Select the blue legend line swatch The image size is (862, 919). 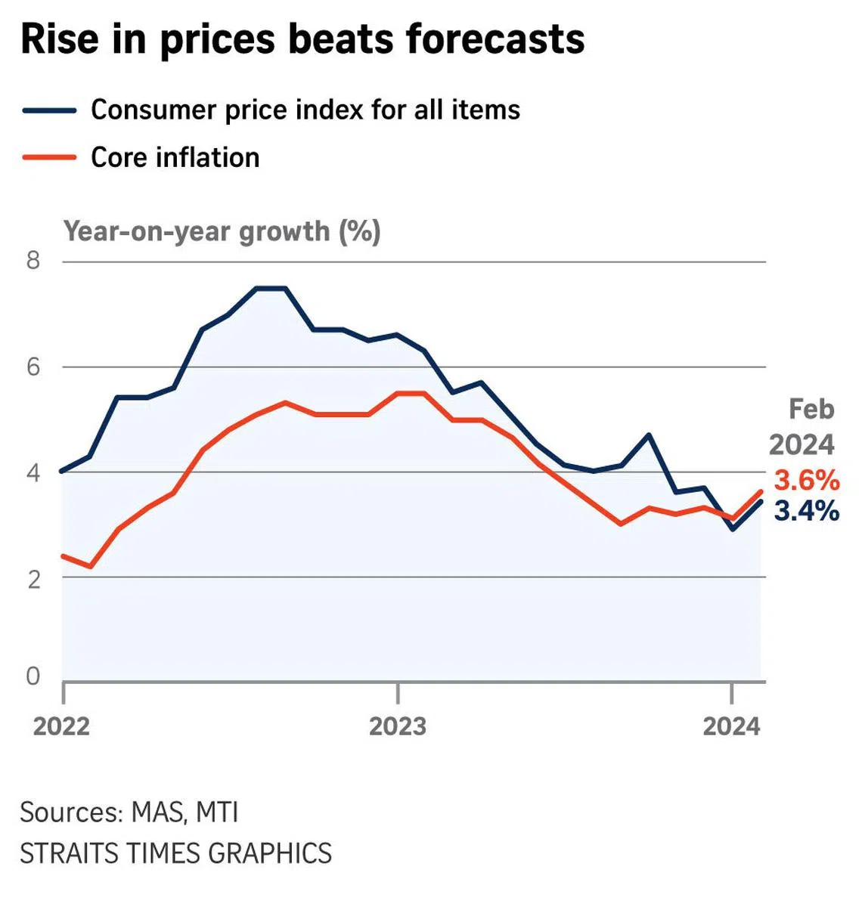[x=50, y=110]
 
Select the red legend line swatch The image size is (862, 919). [x=50, y=158]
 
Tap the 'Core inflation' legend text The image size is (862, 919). [x=175, y=158]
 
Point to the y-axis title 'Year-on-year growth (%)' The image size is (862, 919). [x=222, y=231]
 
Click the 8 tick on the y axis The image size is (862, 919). [x=33, y=261]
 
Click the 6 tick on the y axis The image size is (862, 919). [x=33, y=367]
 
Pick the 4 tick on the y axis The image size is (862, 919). [x=33, y=473]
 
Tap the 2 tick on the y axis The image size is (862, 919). [x=33, y=579]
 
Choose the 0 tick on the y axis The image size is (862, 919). [x=33, y=676]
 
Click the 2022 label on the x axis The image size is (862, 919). [x=61, y=726]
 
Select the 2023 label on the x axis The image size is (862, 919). [x=398, y=726]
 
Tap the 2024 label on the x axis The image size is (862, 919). [x=731, y=726]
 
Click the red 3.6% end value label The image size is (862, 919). [x=807, y=481]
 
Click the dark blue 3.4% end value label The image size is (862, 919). [x=807, y=512]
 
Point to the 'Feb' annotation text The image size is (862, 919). [x=811, y=410]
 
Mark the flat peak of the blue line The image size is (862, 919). [x=271, y=288]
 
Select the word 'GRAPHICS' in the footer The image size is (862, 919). [x=270, y=853]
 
